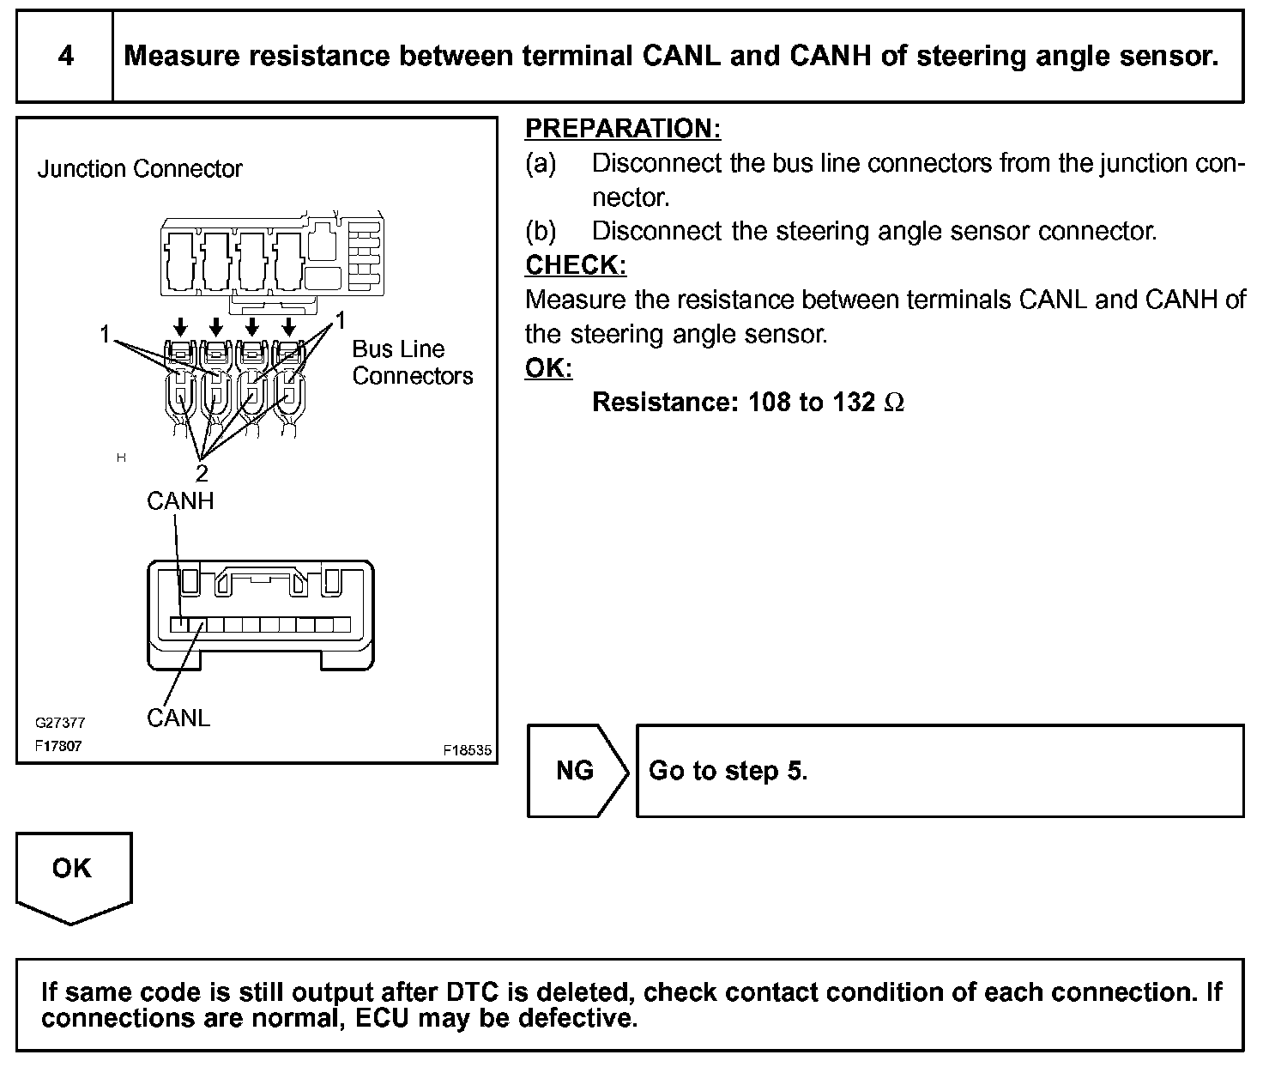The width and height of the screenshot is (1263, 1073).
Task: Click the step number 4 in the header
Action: (65, 57)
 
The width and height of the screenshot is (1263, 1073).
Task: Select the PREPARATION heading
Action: (622, 129)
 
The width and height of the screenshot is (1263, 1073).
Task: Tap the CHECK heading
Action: (576, 265)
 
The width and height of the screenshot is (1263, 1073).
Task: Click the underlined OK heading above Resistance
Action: (548, 368)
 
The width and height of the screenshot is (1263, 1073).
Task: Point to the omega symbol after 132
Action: (893, 403)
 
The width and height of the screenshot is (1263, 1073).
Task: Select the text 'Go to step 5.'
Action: (728, 771)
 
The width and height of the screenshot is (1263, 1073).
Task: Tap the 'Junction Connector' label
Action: (140, 169)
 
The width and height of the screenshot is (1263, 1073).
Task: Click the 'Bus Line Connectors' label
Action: (412, 362)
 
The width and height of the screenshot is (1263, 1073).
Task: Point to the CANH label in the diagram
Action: (180, 501)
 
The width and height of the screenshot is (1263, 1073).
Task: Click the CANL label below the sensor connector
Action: (178, 718)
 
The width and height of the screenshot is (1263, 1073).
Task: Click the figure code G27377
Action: (60, 724)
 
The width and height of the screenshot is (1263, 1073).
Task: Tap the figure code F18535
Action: (468, 750)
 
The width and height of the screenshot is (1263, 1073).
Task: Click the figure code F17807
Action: (58, 746)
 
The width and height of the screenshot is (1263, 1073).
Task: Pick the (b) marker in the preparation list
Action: (541, 232)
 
